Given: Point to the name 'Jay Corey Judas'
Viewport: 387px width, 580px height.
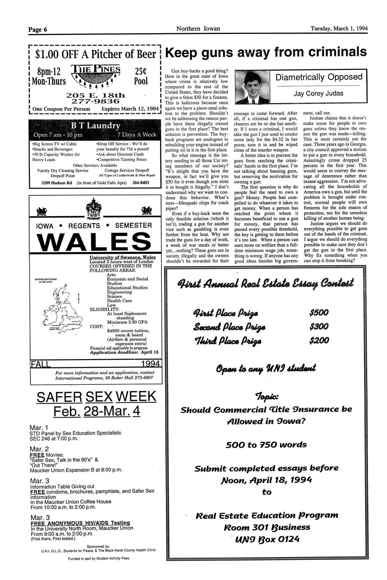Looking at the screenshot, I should [x=318, y=93].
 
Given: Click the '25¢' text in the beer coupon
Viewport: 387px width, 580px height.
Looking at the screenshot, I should [x=141, y=71].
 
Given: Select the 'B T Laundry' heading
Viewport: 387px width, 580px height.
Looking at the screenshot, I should [x=96, y=125].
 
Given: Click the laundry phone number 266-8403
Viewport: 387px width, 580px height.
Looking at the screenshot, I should [x=141, y=182].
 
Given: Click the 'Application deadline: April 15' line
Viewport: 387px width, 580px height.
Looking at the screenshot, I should [x=124, y=352].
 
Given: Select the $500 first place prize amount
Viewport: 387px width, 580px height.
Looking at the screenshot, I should [x=318, y=313].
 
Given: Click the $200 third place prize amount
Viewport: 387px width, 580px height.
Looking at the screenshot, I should [x=318, y=341].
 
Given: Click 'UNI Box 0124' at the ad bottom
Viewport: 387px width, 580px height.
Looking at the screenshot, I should [x=266, y=539].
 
